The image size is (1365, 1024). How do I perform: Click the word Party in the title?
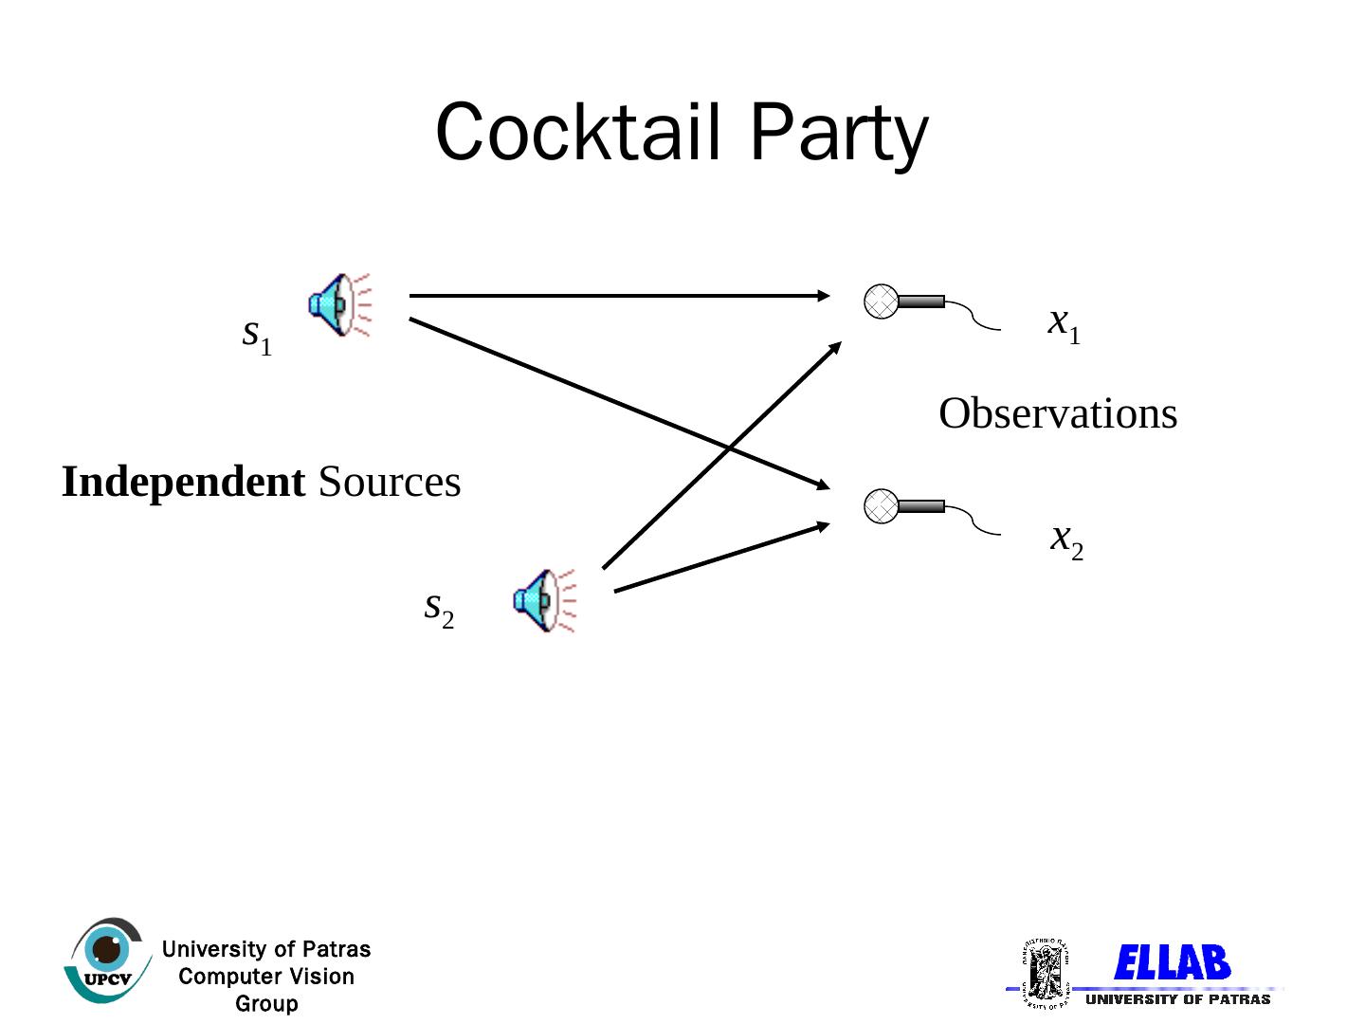[838, 135]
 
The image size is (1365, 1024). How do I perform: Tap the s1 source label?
[256, 335]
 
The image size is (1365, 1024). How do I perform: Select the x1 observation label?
[1064, 324]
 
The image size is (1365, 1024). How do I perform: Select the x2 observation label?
[1066, 540]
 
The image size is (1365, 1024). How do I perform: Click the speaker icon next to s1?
[338, 304]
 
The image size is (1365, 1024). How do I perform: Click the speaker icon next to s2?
[544, 600]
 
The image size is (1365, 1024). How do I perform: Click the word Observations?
[1058, 414]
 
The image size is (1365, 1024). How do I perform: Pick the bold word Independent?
[183, 482]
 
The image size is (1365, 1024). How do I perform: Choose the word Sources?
[390, 482]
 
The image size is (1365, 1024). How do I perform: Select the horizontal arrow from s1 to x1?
[616, 296]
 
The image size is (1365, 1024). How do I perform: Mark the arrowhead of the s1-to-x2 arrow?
[823, 486]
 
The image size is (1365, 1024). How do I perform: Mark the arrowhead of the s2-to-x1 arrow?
[835, 347]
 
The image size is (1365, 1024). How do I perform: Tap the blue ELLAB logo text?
[1172, 963]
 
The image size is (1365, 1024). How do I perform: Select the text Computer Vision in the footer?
[266, 977]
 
